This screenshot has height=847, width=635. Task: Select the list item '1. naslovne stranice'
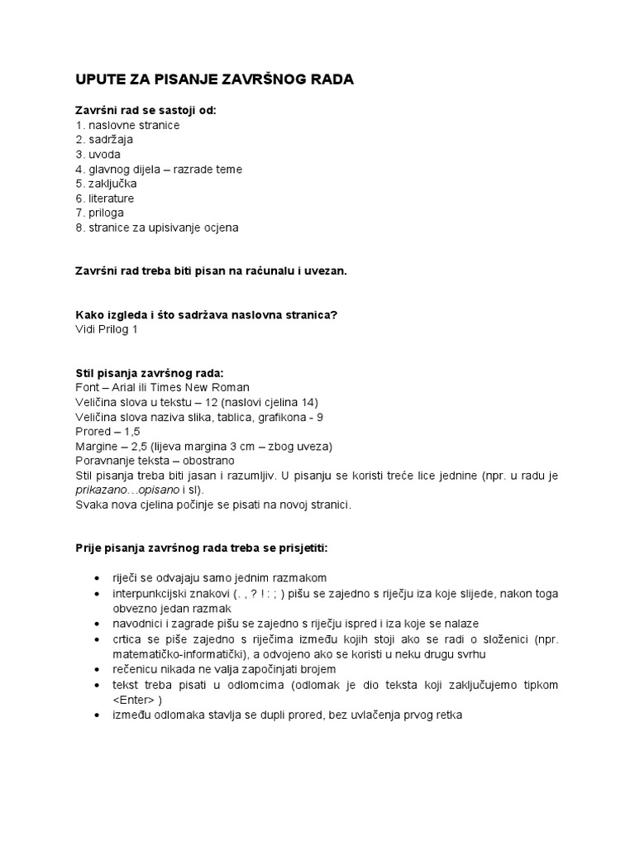(x=127, y=125)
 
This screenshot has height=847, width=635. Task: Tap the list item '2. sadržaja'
(x=104, y=140)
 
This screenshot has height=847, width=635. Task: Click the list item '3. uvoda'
(x=98, y=155)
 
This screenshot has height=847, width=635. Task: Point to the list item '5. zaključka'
(x=106, y=184)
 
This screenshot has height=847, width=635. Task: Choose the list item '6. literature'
(x=104, y=199)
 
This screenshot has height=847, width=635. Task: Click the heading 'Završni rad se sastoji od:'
(x=146, y=110)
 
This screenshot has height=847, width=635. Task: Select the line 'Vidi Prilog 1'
(x=107, y=329)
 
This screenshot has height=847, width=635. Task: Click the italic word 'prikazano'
(x=101, y=490)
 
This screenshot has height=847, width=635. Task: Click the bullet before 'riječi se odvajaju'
(x=98, y=578)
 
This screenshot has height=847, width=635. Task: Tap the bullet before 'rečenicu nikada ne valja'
(x=98, y=669)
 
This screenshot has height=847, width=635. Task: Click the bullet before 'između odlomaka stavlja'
(x=98, y=715)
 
